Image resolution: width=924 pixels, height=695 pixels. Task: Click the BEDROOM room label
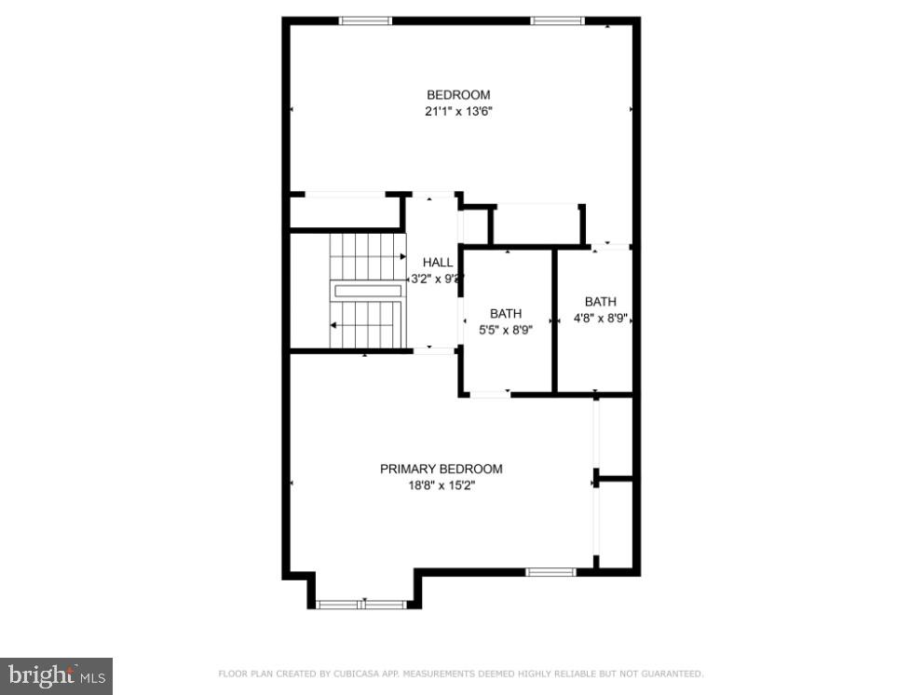[458, 94]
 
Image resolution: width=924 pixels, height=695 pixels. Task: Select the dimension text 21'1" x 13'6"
[458, 112]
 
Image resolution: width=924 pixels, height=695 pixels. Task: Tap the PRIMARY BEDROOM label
[441, 469]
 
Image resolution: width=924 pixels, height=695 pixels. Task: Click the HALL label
[438, 263]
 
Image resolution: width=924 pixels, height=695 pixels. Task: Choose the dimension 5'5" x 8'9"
[507, 330]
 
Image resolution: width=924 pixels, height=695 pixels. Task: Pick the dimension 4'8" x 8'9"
[601, 318]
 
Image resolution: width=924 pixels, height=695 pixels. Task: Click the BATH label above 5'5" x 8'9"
[507, 313]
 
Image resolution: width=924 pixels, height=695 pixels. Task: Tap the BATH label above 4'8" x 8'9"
[601, 301]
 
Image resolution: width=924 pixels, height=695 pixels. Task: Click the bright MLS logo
[56, 675]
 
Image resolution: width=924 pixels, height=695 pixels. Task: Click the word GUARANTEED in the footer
[672, 674]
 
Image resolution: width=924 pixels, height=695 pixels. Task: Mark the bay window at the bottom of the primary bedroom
[361, 605]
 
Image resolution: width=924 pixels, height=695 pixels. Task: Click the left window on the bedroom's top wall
[365, 20]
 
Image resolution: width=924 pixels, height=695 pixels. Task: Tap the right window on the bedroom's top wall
[557, 20]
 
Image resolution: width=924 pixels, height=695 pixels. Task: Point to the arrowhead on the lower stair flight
[333, 325]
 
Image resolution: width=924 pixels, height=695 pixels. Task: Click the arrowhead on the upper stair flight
[402, 256]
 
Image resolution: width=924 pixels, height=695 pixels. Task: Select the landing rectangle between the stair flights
[367, 291]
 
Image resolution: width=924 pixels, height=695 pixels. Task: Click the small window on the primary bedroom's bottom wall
[550, 571]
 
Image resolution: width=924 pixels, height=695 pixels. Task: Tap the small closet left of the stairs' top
[345, 212]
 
